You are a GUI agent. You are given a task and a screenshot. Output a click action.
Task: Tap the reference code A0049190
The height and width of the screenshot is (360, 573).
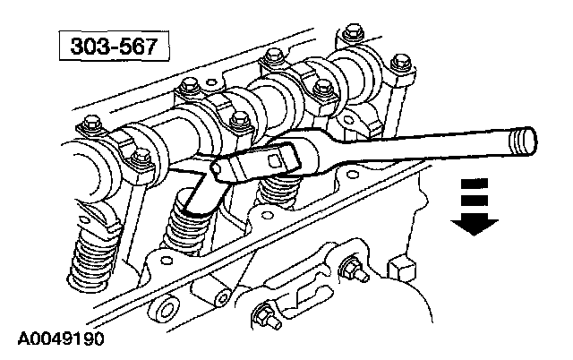tap(60, 339)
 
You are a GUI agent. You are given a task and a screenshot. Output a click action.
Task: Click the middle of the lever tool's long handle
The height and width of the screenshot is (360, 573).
tap(421, 153)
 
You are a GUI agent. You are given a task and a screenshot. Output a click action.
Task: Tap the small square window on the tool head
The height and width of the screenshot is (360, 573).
tap(269, 160)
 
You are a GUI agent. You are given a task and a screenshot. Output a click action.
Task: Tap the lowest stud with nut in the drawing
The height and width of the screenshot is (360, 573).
tap(265, 316)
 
